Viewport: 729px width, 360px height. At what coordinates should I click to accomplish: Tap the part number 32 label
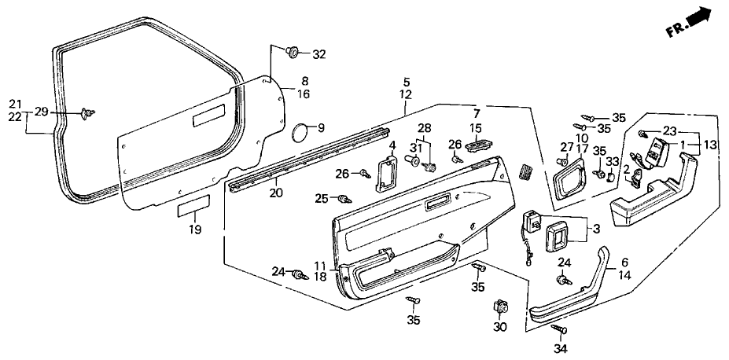click(319, 55)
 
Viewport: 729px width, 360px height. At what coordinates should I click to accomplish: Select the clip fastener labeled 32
click(293, 51)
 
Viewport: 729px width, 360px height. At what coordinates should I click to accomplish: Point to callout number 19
click(195, 229)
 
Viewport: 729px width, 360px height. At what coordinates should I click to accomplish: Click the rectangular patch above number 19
click(194, 206)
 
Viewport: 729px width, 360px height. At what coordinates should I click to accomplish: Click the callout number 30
click(500, 327)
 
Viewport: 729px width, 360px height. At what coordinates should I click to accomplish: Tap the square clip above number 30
click(500, 307)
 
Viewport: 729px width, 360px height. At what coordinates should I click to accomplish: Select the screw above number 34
click(559, 329)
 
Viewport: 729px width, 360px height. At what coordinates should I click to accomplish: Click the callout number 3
click(596, 230)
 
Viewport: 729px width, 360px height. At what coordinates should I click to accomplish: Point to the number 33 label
click(613, 162)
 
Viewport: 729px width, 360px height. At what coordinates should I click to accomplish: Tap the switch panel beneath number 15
click(479, 146)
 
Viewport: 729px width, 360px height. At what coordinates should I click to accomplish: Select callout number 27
click(566, 147)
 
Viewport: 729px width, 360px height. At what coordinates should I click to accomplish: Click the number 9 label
click(322, 128)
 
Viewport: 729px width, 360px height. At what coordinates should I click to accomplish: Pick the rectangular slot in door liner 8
click(208, 116)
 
